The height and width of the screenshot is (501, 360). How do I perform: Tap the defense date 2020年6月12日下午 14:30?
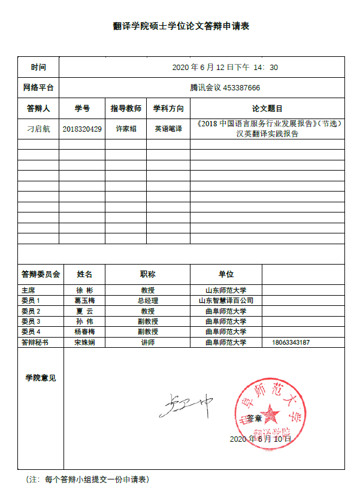pyautogui.click(x=225, y=67)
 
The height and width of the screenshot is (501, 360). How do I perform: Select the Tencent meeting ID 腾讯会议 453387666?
pyautogui.click(x=225, y=87)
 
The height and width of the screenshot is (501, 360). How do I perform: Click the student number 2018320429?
pyautogui.click(x=82, y=129)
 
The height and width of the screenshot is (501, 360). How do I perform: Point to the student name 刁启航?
pyautogui.click(x=39, y=129)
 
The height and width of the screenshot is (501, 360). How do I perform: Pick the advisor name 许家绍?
pyautogui.click(x=126, y=129)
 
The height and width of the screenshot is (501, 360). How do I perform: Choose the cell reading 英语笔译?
pyautogui.click(x=168, y=129)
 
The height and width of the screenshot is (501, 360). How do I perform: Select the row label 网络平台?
pyautogui.click(x=38, y=87)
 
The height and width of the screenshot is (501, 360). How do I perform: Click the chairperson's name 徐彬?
pyautogui.click(x=84, y=290)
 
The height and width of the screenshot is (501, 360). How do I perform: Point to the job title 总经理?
pyautogui.click(x=147, y=300)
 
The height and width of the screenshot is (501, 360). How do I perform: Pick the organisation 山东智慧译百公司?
pyautogui.click(x=226, y=300)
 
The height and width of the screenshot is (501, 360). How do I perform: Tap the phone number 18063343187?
pyautogui.click(x=291, y=343)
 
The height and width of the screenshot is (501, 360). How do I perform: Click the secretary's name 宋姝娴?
pyautogui.click(x=84, y=343)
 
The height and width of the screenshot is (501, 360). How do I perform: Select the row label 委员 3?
pyautogui.click(x=31, y=321)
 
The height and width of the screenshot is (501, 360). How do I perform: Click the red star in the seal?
pyautogui.click(x=269, y=412)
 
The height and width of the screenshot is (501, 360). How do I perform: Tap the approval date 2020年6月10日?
pyautogui.click(x=261, y=439)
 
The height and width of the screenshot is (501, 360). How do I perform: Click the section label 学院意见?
pyautogui.click(x=41, y=378)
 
